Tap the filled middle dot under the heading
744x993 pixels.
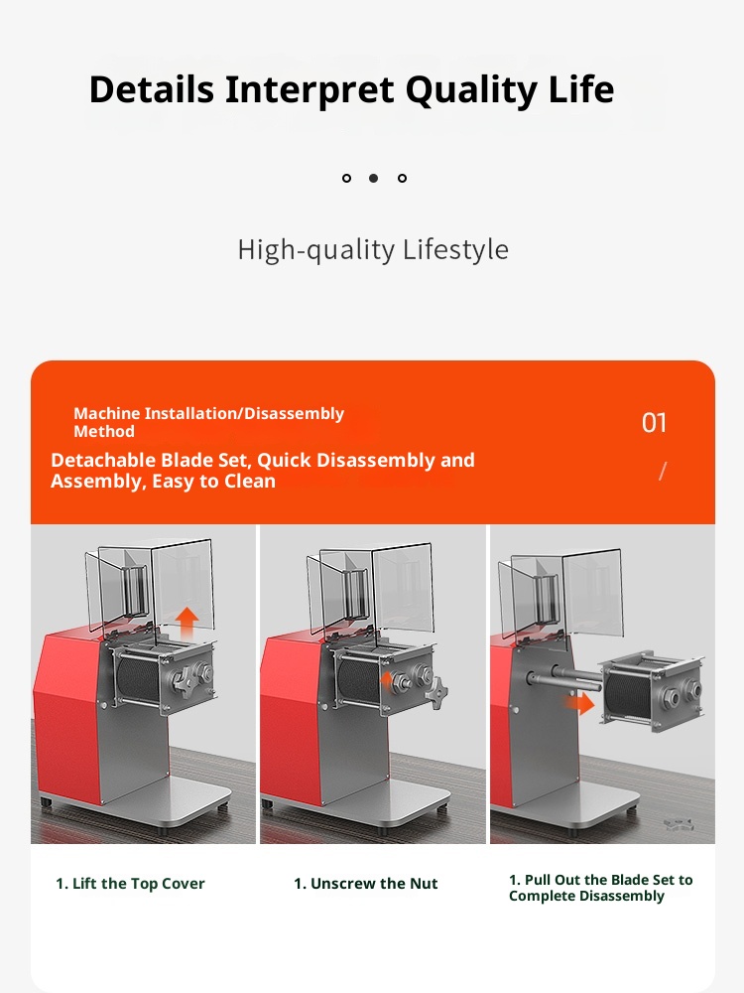tap(373, 178)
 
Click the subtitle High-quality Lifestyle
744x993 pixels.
tap(373, 249)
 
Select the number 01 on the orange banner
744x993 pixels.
tap(654, 423)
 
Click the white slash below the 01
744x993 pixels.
tap(663, 471)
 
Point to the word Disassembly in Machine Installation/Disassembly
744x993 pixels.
tap(295, 413)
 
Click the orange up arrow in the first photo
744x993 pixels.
tap(186, 624)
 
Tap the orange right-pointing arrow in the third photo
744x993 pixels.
tap(579, 703)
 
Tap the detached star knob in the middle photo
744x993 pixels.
tap(437, 693)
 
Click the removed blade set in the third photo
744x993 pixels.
tap(652, 691)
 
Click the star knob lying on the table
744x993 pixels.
tap(679, 824)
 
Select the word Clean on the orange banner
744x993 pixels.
tap(250, 482)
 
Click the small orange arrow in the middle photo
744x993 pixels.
tap(387, 681)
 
